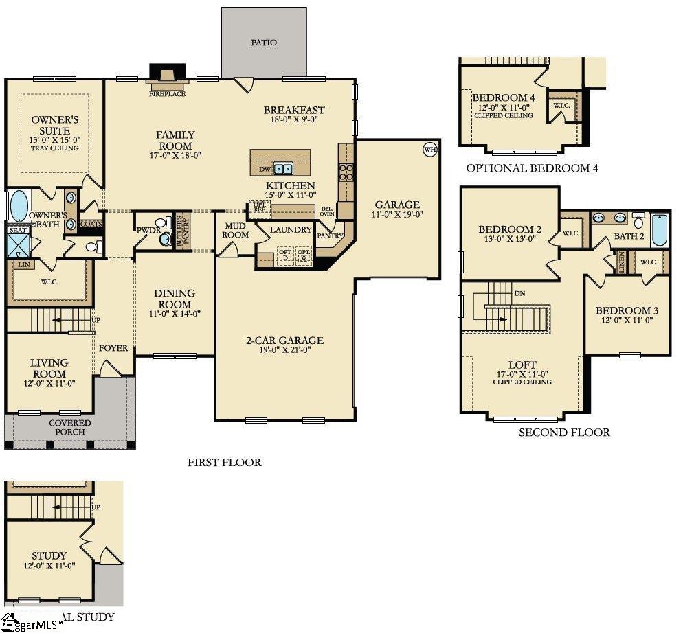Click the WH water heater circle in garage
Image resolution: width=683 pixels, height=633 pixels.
[430, 149]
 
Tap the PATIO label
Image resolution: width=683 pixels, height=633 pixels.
[264, 43]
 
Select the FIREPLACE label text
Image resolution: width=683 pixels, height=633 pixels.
[168, 94]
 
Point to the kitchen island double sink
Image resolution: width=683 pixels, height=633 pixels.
[282, 169]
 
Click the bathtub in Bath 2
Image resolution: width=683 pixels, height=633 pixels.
[659, 229]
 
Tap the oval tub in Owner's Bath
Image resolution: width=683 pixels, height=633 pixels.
[19, 205]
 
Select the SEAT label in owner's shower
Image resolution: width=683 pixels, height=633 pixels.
[18, 231]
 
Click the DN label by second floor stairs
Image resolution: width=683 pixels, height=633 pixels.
[520, 292]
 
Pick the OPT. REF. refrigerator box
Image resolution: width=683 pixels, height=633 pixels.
[260, 207]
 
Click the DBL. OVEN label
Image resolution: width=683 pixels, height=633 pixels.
[327, 211]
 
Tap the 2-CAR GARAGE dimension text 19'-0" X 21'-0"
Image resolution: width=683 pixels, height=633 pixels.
[284, 351]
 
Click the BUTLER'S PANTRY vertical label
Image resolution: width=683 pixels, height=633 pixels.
[181, 230]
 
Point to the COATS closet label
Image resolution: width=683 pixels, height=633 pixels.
[91, 224]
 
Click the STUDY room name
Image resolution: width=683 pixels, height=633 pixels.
[49, 555]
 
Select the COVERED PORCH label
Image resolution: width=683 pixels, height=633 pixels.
[69, 427]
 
